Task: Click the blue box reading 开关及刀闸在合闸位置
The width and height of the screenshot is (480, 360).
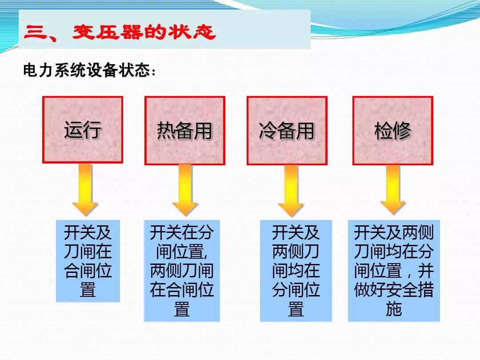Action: (x=88, y=261)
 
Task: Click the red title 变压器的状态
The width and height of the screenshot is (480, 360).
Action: (x=144, y=33)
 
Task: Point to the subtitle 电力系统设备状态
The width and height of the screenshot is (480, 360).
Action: (x=87, y=71)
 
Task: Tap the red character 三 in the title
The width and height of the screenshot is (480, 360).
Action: (x=36, y=33)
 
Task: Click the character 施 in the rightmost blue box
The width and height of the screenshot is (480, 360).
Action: (x=394, y=309)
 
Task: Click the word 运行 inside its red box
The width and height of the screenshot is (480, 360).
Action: (x=83, y=130)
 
